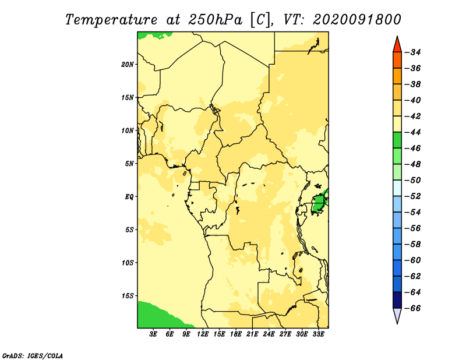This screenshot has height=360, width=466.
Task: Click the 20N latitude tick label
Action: pyautogui.click(x=128, y=64)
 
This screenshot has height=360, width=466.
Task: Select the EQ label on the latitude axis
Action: pyautogui.click(x=129, y=196)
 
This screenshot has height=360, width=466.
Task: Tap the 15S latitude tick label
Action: pyautogui.click(x=128, y=296)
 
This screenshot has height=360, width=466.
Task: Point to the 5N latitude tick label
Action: pyautogui.click(x=129, y=164)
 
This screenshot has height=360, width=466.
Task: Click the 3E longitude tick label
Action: pyautogui.click(x=153, y=334)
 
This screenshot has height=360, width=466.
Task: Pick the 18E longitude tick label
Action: pyautogui.click(x=236, y=334)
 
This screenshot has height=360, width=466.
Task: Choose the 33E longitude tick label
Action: pyautogui.click(x=318, y=334)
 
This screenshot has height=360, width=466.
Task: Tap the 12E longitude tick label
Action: pyautogui.click(x=203, y=334)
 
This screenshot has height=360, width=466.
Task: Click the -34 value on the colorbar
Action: pyautogui.click(x=413, y=52)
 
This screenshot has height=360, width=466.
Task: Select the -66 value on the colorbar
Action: pyautogui.click(x=413, y=308)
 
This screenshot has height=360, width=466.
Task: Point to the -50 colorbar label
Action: pyautogui.click(x=413, y=180)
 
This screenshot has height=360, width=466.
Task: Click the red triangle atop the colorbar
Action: pyautogui.click(x=397, y=45)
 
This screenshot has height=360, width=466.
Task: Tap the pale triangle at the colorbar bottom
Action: pyautogui.click(x=397, y=315)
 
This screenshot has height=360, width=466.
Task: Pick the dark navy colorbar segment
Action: pyautogui.click(x=397, y=300)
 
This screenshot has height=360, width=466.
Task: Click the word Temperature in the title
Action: pyautogui.click(x=111, y=20)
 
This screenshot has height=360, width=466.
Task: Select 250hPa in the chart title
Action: pyautogui.click(x=214, y=20)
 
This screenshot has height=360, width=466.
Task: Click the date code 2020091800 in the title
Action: pyautogui.click(x=357, y=20)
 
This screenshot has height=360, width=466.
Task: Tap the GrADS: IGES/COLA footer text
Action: pyautogui.click(x=33, y=355)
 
